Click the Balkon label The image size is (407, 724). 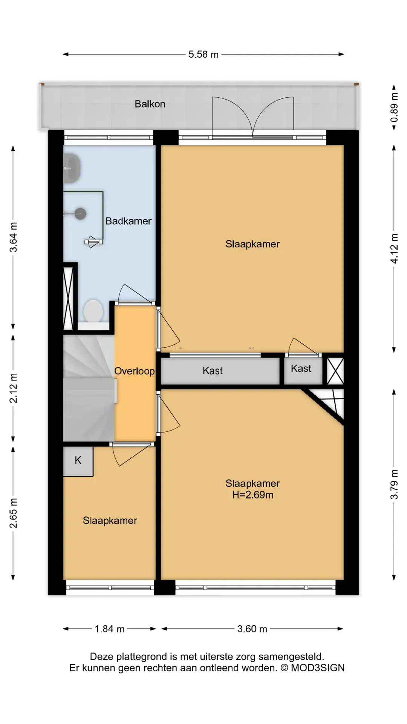click(x=150, y=104)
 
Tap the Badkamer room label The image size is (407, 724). click(x=129, y=221)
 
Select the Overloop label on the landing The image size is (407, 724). click(x=135, y=371)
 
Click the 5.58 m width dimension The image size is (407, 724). click(x=203, y=54)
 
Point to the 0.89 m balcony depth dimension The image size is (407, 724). click(x=394, y=108)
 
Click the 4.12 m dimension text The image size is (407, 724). click(x=394, y=249)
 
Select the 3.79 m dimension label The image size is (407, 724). click(x=394, y=485)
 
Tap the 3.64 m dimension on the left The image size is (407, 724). click(x=13, y=238)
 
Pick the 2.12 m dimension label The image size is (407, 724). click(x=13, y=388)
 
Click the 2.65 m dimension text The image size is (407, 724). click(x=13, y=513)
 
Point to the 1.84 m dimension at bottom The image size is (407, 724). click(x=109, y=629)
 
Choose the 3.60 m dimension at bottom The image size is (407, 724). click(x=252, y=629)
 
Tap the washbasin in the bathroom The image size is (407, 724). click(x=72, y=169)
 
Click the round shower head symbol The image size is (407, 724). click(x=80, y=214)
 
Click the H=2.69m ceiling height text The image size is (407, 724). click(x=253, y=495)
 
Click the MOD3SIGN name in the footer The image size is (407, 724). click(x=318, y=668)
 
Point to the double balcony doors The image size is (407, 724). click(x=252, y=117)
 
